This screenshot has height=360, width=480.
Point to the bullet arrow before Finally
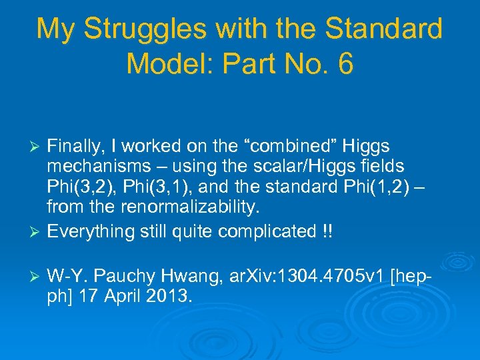(x=37, y=146)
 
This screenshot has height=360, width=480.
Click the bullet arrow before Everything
(x=37, y=233)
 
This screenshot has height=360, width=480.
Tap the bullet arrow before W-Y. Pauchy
(x=37, y=277)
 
